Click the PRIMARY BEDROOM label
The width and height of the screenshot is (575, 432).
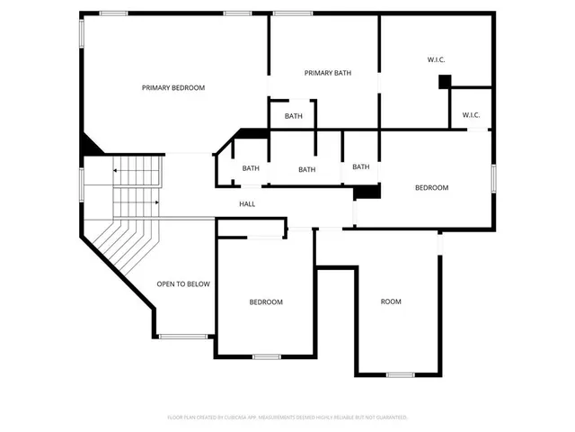[173, 87]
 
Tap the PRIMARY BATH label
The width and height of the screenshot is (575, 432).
[327, 73]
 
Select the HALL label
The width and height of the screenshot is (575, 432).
[247, 204]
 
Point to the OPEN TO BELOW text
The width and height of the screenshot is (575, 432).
[183, 284]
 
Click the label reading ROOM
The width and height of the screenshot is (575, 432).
[391, 301]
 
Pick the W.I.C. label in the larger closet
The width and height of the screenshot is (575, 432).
[436, 60]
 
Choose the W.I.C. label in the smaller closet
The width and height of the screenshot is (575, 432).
[471, 114]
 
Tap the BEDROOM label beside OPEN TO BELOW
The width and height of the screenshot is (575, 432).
[266, 302]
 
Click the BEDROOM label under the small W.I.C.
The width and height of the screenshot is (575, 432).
[431, 187]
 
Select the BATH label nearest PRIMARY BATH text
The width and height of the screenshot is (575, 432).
[294, 116]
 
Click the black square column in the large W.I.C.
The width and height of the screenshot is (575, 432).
[444, 82]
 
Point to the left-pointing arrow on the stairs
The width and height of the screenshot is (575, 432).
[115, 169]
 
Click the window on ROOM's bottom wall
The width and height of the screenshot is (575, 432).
[400, 373]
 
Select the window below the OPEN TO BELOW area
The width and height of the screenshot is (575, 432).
[177, 337]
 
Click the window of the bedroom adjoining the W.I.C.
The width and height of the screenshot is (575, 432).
[493, 177]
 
